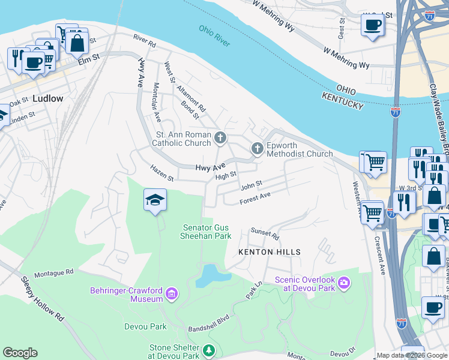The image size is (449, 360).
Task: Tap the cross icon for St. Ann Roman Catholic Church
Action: pos(220,139)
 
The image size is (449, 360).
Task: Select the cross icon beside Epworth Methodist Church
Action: pos(258,148)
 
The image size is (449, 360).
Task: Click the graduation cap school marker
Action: pos(155,199)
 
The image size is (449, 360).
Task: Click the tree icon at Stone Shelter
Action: pos(208,350)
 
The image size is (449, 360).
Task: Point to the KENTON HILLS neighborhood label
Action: pos(269,252)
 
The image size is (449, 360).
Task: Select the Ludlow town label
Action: pos(48,98)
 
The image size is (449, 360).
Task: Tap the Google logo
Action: pos(20,353)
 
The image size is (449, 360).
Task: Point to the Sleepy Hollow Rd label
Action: pos(42,298)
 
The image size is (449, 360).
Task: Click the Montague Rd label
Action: pos(53,272)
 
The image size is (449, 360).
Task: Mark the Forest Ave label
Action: pos(255,198)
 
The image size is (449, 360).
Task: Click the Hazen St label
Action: pos(162,174)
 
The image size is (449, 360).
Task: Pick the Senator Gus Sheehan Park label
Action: pos(206,232)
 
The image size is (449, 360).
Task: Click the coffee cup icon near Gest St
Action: pos(372,25)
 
